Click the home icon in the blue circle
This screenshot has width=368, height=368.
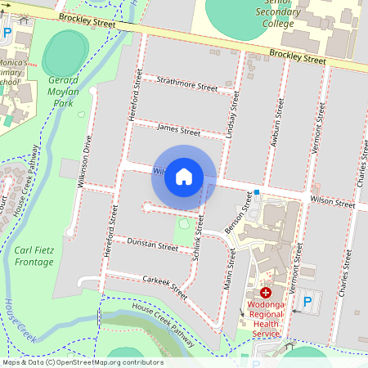(x=184, y=176)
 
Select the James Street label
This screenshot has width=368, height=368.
(x=178, y=129)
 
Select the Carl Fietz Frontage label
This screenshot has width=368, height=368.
(x=34, y=256)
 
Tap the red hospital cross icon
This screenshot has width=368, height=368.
(x=265, y=292)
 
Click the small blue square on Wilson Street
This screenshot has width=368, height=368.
(x=257, y=192)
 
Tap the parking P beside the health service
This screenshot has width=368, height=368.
(x=307, y=302)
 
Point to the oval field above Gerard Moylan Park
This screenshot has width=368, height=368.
(x=63, y=52)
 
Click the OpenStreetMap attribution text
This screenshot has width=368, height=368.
(x=82, y=362)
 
